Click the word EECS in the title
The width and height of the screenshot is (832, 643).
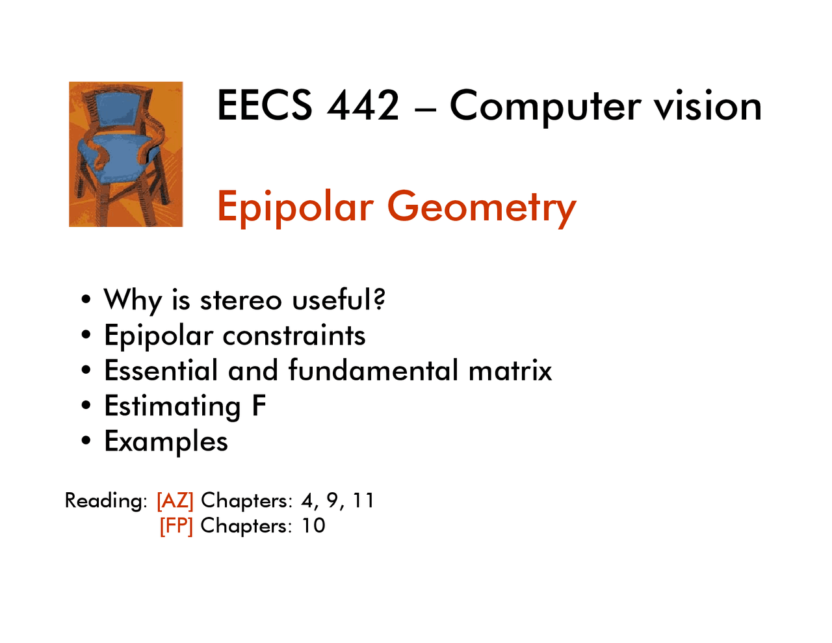coord(264,105)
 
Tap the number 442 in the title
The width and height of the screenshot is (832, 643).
coord(363,105)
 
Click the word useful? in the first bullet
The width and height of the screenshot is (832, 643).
coord(339,300)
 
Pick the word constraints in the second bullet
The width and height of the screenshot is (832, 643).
coord(294,335)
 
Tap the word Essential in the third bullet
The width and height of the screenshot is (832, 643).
coord(161,371)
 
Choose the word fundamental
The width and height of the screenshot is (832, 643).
coord(374,371)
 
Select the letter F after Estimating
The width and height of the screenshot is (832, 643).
coord(259,406)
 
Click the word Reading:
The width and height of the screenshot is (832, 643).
coord(106,501)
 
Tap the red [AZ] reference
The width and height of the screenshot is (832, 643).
coord(175,501)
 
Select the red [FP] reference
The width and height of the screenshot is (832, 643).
coord(176,525)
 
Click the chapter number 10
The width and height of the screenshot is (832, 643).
coord(313,525)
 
